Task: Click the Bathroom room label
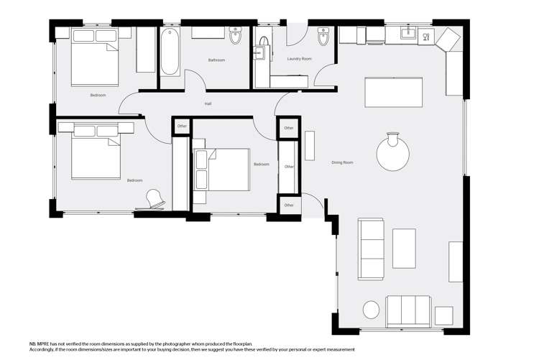pos(216,60)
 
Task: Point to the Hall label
pos(208,104)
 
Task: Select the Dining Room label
pos(342,162)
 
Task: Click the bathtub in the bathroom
pos(170,52)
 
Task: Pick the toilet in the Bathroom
pos(235,34)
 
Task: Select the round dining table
pos(394,154)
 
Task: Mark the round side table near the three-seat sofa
pos(371,310)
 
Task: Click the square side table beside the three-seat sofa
pos(443,315)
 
